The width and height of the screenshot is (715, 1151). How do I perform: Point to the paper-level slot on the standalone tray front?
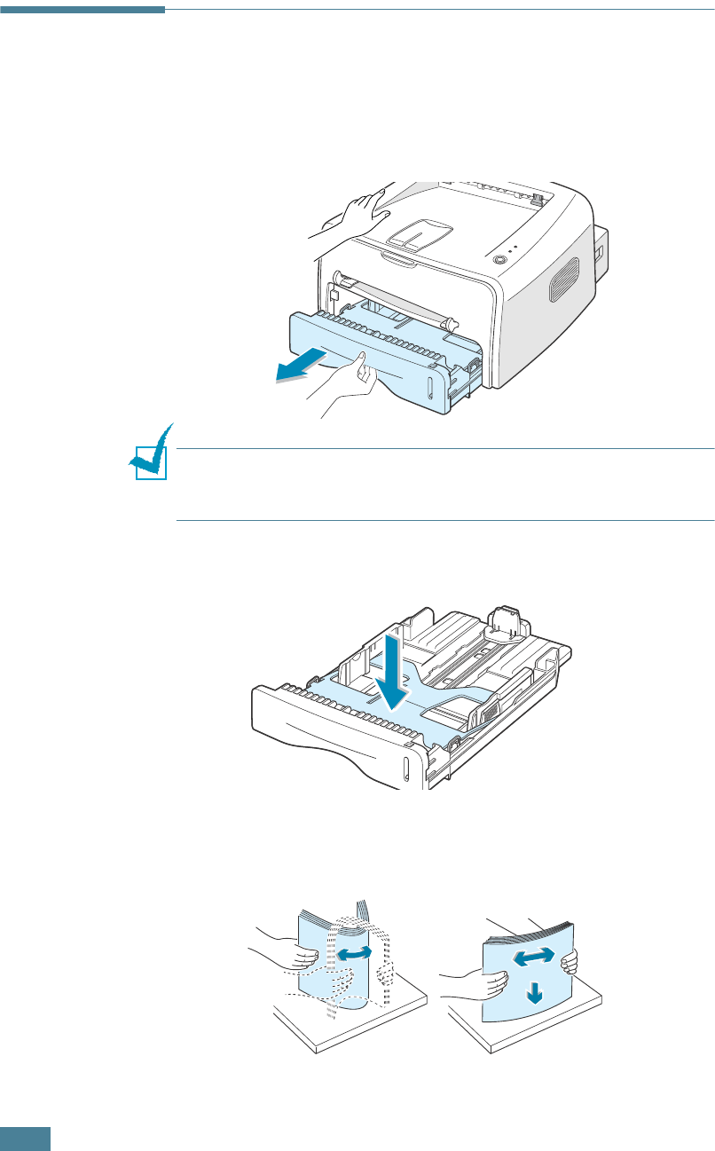(405, 769)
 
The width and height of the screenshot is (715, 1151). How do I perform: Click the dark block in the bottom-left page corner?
(25, 1139)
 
